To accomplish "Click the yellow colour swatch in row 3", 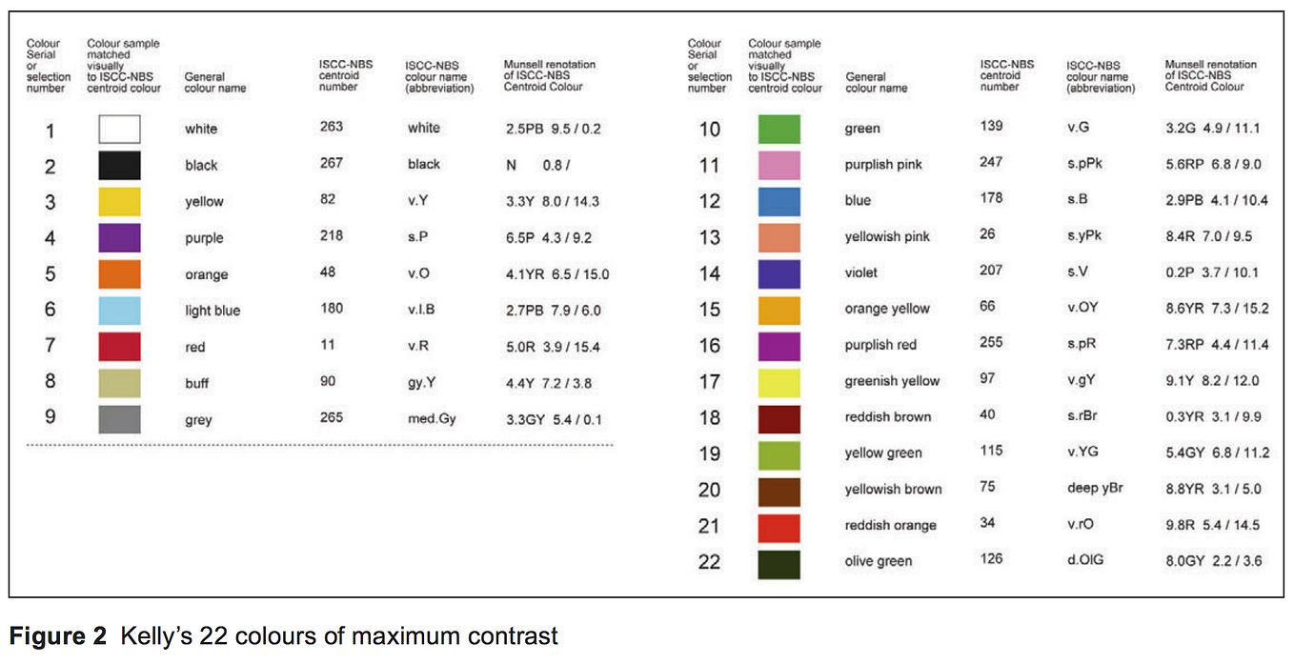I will (x=119, y=202).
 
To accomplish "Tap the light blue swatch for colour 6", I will (x=119, y=311).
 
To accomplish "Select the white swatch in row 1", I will (x=119, y=129).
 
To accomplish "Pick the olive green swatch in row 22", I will (x=779, y=563).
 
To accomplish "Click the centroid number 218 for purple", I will (x=332, y=236).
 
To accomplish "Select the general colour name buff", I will (x=197, y=383).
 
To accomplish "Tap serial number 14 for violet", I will (x=710, y=273).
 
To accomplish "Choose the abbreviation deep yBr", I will (x=1095, y=488).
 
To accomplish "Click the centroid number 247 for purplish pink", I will (x=991, y=163).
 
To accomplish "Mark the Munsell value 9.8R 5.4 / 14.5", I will (x=1213, y=525).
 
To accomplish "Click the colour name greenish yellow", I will (x=892, y=381).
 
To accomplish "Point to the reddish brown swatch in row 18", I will (x=779, y=418).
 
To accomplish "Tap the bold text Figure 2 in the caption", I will (x=58, y=636).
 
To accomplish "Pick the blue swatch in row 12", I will (x=779, y=201).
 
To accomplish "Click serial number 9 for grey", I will (x=51, y=418).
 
